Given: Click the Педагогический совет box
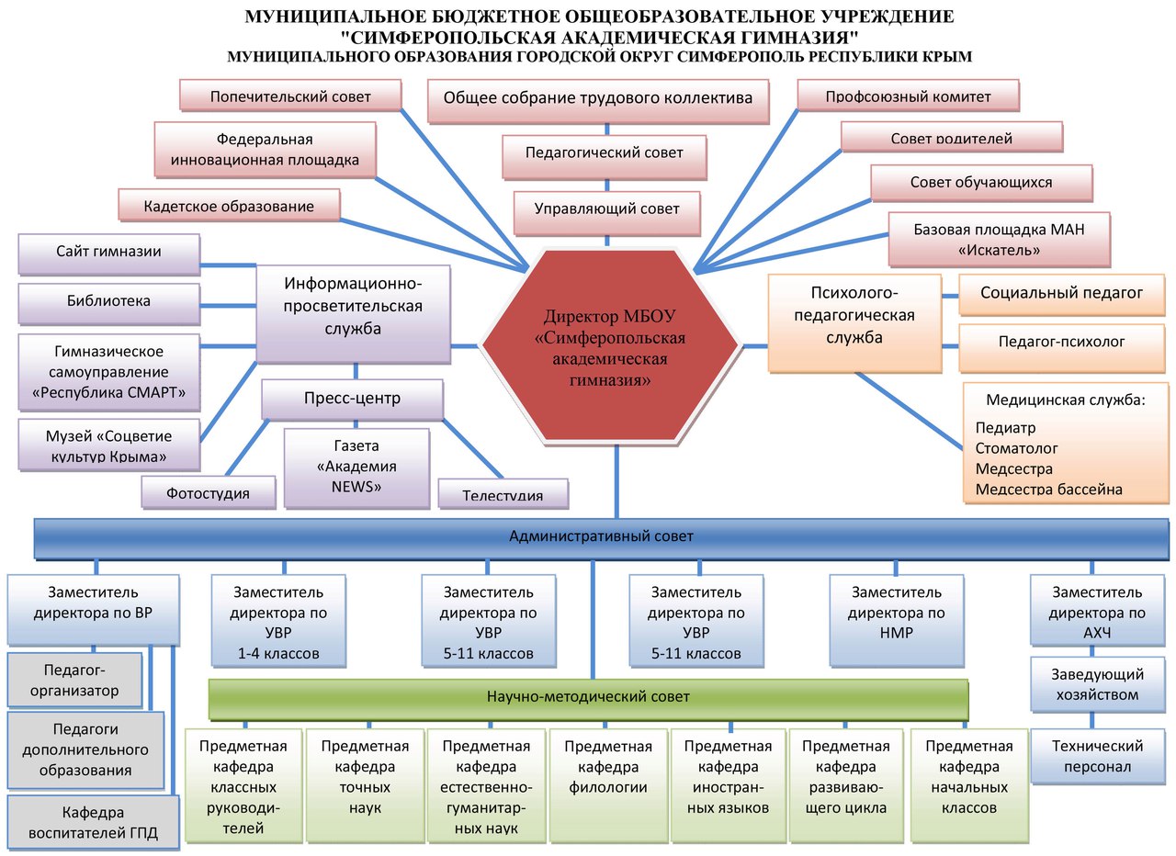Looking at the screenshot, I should click(605, 153).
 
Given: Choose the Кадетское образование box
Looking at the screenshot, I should click(229, 206).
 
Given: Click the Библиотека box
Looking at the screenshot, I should click(108, 301).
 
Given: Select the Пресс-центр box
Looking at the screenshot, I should click(353, 399).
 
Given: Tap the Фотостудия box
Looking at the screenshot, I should click(208, 492).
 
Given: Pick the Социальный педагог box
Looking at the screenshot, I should click(1061, 294).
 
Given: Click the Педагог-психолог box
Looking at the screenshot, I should click(1061, 342).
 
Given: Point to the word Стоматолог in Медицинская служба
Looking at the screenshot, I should click(1017, 448).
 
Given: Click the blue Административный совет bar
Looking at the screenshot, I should click(602, 536).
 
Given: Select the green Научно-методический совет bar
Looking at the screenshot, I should click(588, 697).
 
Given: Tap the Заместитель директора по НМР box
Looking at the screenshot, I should click(897, 618).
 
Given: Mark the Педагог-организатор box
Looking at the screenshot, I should click(74, 681).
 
